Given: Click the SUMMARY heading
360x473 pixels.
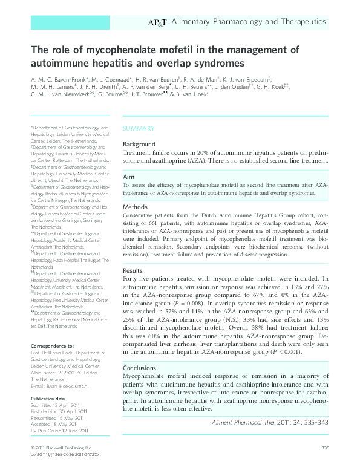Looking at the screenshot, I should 139,128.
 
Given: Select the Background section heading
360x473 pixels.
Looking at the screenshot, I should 139,145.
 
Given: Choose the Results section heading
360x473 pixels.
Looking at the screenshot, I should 133,270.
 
